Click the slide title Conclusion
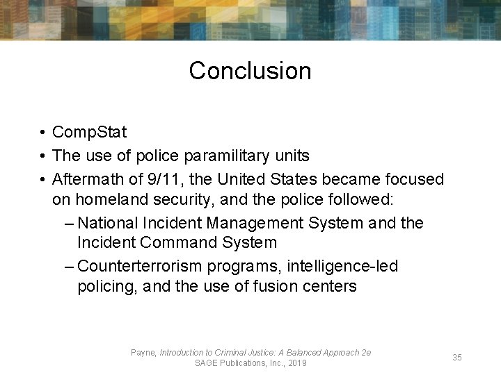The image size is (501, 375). [x=250, y=70]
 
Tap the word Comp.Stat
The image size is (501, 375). [x=90, y=131]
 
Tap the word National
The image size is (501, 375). [x=109, y=223]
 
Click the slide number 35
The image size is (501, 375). [x=457, y=357]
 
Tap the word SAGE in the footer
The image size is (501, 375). [x=207, y=363]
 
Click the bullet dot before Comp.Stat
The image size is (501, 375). [x=43, y=132]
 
